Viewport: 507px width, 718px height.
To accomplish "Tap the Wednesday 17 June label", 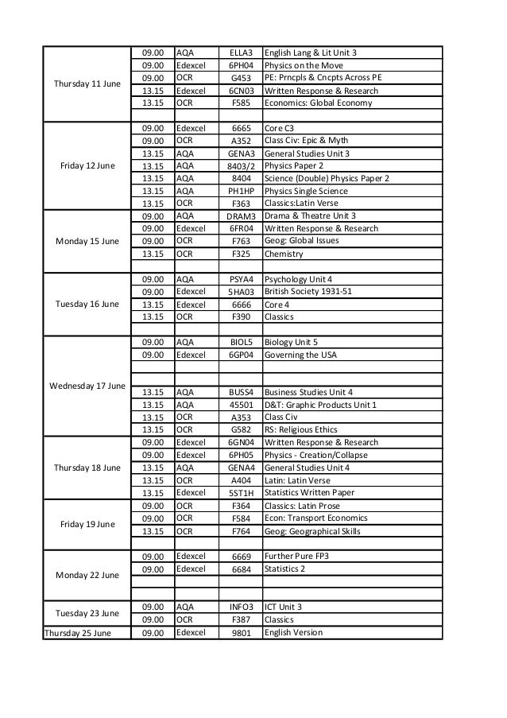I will click(x=87, y=386).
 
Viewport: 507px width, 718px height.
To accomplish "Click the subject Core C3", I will click(x=281, y=128).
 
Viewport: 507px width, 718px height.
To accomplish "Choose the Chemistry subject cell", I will click(x=284, y=254).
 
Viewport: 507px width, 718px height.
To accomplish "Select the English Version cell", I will click(x=293, y=633).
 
